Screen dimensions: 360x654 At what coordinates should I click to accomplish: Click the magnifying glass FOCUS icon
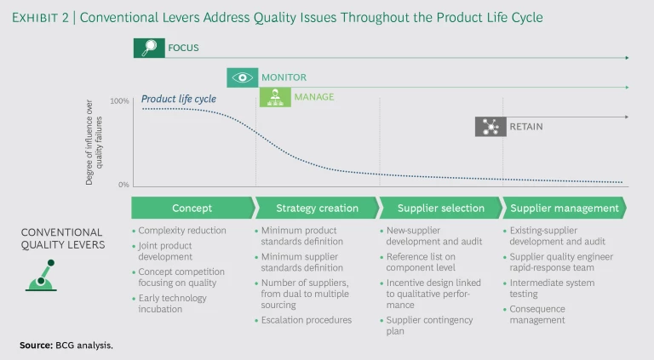click(149, 49)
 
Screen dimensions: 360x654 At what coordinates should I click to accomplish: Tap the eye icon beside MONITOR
click(243, 77)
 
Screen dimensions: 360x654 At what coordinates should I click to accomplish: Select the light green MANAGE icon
click(274, 97)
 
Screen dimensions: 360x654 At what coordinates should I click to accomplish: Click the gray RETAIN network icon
click(490, 127)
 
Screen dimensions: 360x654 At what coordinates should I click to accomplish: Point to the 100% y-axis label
click(119, 101)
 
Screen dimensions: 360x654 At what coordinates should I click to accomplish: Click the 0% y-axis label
click(123, 185)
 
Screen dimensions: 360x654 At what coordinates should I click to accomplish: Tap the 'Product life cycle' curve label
click(179, 99)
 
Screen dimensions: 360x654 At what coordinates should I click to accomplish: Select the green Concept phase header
click(192, 208)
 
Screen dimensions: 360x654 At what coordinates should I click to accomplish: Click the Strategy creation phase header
click(317, 208)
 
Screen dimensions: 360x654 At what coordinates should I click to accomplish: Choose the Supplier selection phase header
click(440, 208)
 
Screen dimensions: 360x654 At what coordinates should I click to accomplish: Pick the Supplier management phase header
click(564, 208)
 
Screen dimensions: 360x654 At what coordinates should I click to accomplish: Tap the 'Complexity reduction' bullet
click(182, 231)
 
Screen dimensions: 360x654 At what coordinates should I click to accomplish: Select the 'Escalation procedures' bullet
click(307, 320)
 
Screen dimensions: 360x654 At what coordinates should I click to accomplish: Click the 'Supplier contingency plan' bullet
click(425, 325)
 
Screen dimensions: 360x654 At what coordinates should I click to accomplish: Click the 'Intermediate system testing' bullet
click(552, 289)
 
